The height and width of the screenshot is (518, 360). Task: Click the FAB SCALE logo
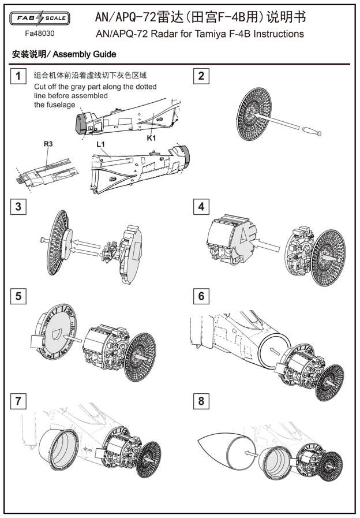40,18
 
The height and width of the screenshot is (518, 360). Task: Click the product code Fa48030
40,32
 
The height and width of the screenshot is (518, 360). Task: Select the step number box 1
19,76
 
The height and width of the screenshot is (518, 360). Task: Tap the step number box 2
201,76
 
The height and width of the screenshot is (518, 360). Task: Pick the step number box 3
19,206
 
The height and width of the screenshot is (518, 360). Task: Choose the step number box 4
201,206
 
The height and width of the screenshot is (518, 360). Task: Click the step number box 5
19,296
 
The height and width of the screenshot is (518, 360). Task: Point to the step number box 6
201,296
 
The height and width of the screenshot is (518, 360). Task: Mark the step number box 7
19,401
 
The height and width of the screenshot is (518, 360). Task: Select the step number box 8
201,401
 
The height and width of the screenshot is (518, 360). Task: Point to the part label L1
101,143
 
